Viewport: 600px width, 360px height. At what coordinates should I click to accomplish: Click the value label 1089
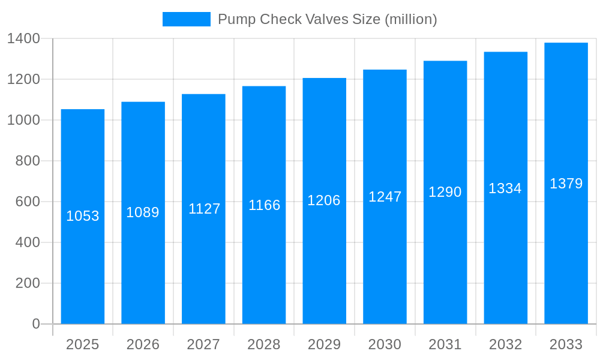(x=143, y=212)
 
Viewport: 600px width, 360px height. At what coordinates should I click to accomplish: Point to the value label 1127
(x=204, y=209)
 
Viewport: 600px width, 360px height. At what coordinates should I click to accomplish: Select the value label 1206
(x=324, y=200)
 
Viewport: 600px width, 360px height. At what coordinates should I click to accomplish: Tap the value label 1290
(x=445, y=192)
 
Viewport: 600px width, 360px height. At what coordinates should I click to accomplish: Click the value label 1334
(x=505, y=188)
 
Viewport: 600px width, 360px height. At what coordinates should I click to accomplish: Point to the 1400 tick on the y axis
(x=23, y=38)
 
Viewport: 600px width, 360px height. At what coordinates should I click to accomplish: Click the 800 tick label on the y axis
(x=28, y=161)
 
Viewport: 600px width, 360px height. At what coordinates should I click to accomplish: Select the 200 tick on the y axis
(x=28, y=283)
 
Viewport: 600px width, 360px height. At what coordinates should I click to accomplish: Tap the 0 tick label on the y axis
(x=36, y=324)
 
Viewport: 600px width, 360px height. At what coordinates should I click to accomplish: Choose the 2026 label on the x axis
(x=143, y=344)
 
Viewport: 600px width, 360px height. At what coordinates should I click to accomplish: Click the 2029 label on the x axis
(x=324, y=344)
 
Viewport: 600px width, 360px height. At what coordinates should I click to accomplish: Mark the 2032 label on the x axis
(x=505, y=344)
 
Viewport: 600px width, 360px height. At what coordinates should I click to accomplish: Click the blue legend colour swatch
(x=187, y=19)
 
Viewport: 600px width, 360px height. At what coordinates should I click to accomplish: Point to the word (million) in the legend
(x=410, y=19)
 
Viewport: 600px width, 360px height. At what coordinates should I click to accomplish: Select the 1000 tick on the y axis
(x=23, y=120)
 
